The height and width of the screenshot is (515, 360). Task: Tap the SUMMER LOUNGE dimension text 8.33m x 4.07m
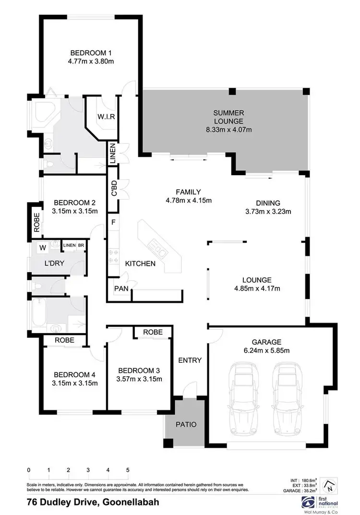point(228,130)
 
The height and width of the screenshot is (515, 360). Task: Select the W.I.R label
point(107,117)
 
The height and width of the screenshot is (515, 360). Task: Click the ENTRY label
point(190,360)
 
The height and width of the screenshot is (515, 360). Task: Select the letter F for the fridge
point(113,223)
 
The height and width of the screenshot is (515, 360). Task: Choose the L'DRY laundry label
point(54,263)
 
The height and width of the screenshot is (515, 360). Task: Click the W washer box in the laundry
point(43,248)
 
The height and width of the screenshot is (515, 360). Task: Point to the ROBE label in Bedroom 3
point(152,332)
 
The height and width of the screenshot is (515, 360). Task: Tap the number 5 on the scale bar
point(128,469)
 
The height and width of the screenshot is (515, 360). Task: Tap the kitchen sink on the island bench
point(157,245)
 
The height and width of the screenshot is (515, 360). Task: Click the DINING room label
point(268,203)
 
